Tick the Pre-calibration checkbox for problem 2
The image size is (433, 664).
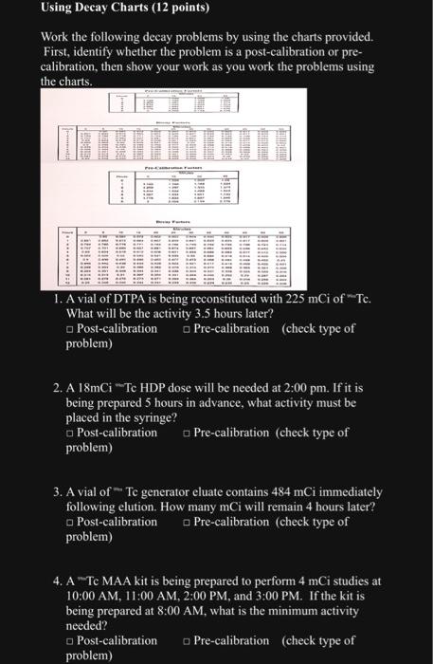(x=187, y=433)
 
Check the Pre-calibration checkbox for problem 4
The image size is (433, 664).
(x=187, y=640)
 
